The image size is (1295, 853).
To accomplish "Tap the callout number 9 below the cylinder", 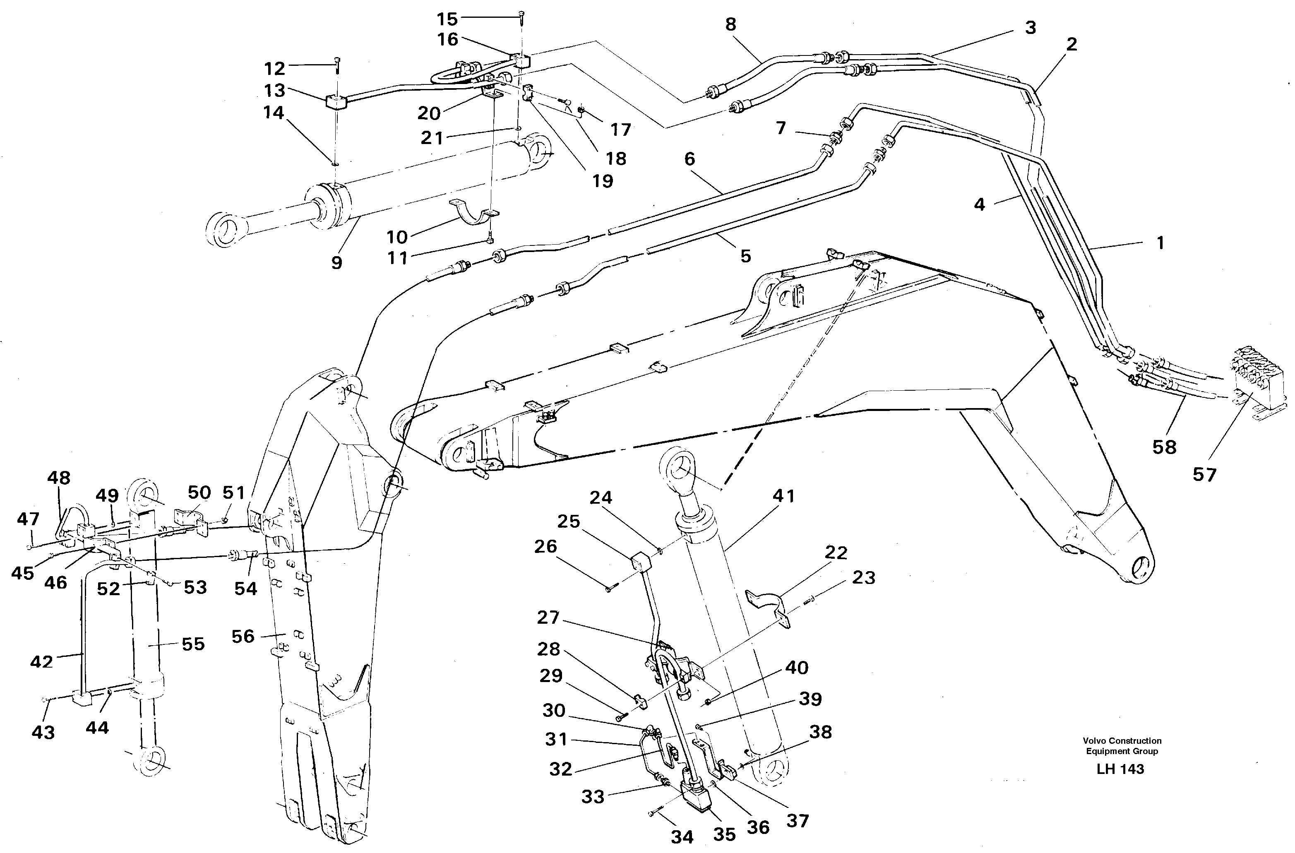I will point(337,263).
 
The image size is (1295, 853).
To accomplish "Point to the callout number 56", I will point(243,636).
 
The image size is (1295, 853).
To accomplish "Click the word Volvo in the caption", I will point(1094,740).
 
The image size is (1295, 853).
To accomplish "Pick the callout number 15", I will point(447,19).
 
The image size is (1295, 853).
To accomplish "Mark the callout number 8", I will point(730,24).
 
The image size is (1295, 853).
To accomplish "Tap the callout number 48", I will point(59,478).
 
